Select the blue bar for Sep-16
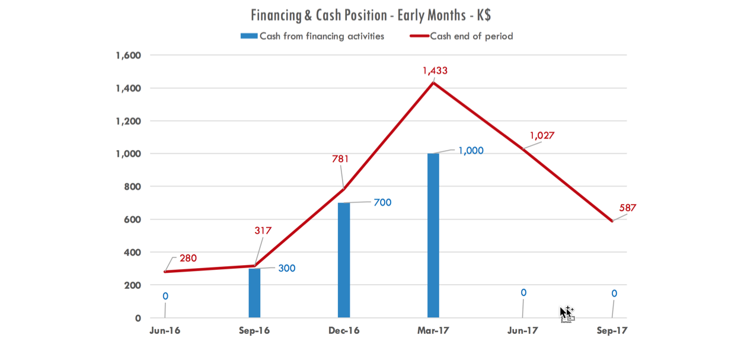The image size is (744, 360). tap(254, 293)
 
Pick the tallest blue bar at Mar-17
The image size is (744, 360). tap(433, 235)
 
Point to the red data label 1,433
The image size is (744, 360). tap(435, 71)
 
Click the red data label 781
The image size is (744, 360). tap(340, 158)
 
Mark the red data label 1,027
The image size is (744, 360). tap(542, 135)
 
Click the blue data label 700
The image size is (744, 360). tap(382, 202)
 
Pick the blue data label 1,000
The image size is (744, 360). tap(471, 151)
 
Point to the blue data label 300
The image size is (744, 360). tap(286, 268)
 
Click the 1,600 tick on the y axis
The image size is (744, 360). tap(129, 55)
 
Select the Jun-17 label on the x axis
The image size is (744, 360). tap(523, 331)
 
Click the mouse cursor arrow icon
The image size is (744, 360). tap(566, 313)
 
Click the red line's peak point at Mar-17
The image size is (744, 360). tap(433, 82)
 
